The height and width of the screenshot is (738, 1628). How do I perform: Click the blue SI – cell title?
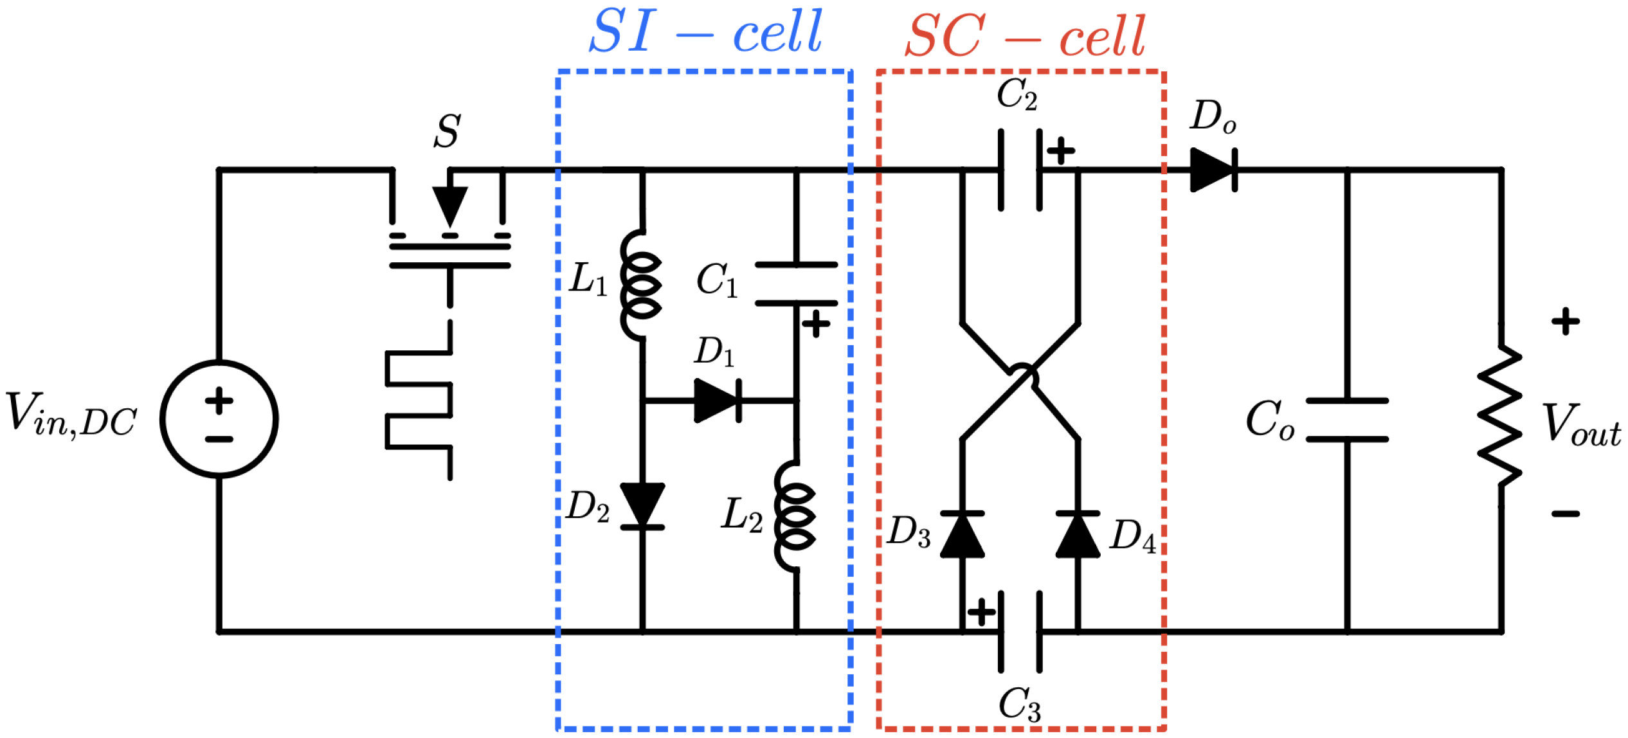coord(705,32)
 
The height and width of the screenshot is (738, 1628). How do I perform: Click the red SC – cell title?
coord(1025,36)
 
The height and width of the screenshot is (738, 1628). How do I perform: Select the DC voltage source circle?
coord(219,419)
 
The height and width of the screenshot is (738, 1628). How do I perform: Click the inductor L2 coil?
coord(795,516)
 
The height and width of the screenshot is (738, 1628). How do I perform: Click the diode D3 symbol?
coord(963,534)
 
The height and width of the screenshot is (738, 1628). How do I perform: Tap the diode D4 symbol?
coord(1078,534)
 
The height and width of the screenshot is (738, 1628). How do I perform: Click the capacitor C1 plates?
coord(796,284)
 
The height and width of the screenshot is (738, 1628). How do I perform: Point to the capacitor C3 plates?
coord(1020,632)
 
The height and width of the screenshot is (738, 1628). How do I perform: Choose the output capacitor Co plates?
coord(1348,420)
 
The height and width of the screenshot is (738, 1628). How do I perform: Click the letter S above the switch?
coord(448,131)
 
